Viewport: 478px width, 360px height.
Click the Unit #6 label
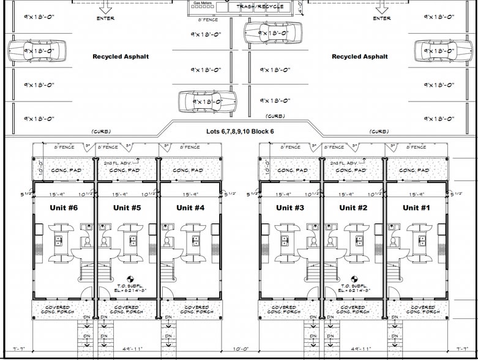62,208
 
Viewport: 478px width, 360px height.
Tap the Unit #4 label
190,208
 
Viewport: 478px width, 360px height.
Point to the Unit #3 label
290,208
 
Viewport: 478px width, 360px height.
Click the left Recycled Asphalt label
121,56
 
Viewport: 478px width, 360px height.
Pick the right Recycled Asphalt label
360,56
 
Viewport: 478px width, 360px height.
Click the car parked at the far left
37,51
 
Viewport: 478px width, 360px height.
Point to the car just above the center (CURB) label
207,102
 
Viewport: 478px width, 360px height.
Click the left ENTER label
105,18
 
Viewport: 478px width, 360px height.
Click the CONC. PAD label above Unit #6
66,170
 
